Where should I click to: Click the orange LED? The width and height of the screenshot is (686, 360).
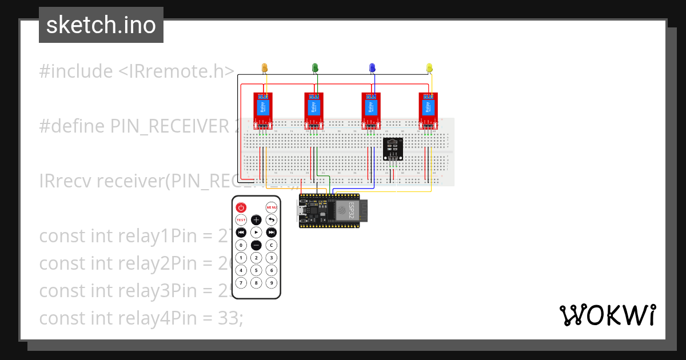264,68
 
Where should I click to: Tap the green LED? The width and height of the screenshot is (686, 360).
315,68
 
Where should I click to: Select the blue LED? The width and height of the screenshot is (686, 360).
372,68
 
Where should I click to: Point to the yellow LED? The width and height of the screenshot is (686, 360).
429,68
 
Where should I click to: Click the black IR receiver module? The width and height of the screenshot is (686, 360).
393,149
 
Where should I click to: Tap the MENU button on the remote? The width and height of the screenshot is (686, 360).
272,207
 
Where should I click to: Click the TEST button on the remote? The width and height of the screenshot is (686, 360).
241,220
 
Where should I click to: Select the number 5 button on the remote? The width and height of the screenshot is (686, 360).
257,270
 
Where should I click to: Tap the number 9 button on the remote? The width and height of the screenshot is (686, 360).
272,283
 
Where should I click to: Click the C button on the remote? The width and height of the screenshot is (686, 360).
272,245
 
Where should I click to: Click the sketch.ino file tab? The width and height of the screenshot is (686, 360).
101,25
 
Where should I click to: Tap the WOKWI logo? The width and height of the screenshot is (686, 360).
607,315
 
